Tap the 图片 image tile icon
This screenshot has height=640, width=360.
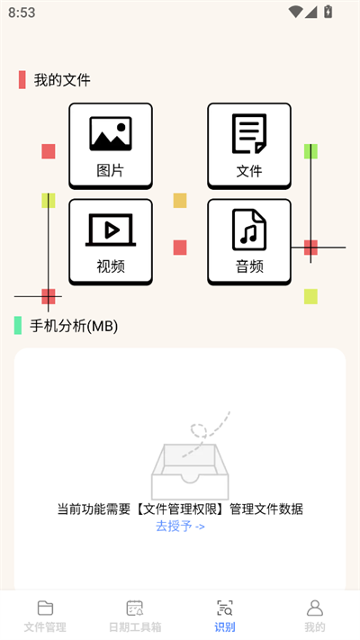111,133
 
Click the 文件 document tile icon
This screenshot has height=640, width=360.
249,133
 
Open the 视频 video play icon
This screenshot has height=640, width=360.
111,230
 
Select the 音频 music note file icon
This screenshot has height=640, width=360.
249,230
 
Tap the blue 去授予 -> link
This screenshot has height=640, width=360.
180,526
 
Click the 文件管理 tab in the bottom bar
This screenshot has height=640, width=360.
45,617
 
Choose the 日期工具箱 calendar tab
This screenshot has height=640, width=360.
135,617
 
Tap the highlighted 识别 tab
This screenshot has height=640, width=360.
225,617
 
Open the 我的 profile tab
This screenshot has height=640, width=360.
315,617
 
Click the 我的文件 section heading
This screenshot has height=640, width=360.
62,79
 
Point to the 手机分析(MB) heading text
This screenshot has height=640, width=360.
74,326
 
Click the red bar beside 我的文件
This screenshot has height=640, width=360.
22,79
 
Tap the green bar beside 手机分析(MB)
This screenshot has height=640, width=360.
18,325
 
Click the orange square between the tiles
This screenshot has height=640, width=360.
180,201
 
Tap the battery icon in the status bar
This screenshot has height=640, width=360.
328,12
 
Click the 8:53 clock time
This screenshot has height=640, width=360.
22,13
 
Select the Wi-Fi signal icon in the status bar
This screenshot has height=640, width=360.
295,12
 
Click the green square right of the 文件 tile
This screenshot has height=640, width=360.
310,151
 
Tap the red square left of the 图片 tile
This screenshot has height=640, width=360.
49,151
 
